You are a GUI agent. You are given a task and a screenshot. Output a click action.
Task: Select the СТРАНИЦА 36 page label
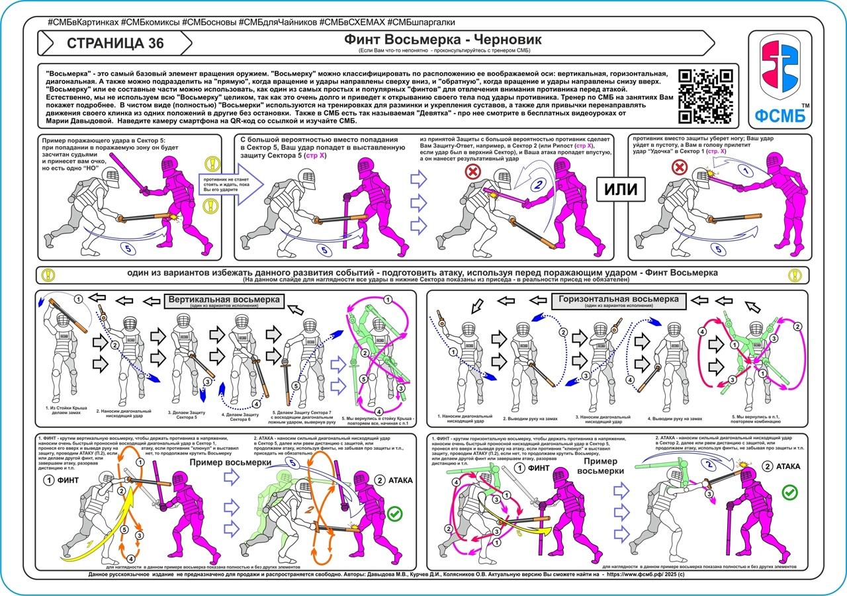pos(115,44)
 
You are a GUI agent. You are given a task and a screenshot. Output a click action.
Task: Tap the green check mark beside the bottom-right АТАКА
pos(789,491)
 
